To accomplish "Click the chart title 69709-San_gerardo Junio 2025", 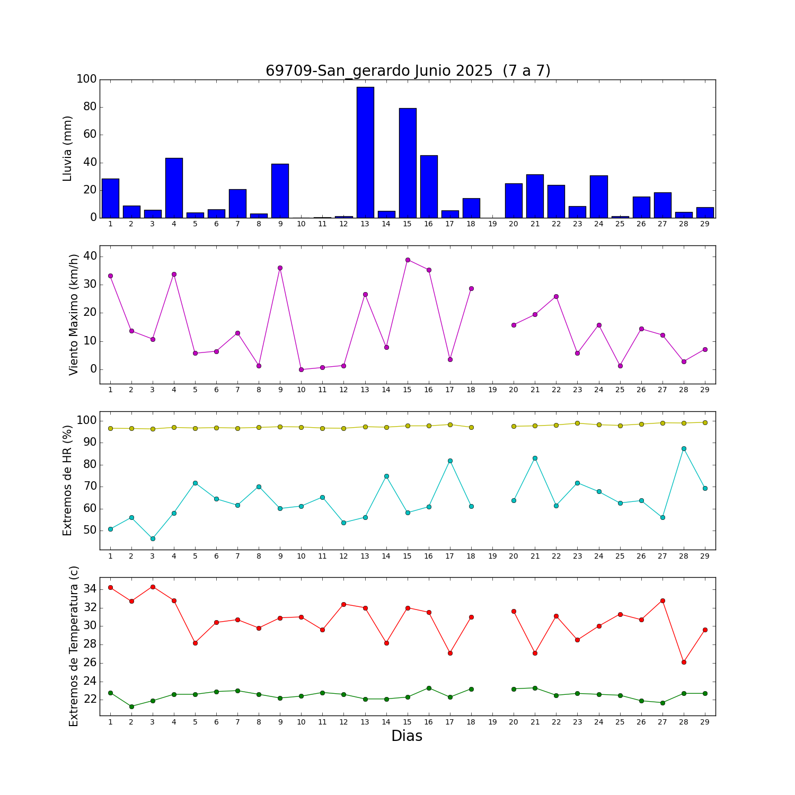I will [408, 71].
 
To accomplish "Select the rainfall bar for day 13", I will [365, 152].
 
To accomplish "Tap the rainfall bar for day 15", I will [408, 163].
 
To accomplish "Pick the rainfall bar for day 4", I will [174, 188].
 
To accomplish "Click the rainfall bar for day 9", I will [280, 191].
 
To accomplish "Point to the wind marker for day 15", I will [408, 260].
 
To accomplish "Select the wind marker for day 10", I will [301, 369].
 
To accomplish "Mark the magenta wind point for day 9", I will [280, 268].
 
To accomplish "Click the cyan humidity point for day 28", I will [684, 448].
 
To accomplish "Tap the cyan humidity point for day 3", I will [153, 538].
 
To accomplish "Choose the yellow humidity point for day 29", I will [705, 422].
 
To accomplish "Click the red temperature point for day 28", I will [684, 662].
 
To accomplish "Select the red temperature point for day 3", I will [153, 587].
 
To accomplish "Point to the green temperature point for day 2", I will [131, 706].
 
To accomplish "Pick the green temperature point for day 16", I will [429, 688].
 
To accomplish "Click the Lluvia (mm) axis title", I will [67, 148].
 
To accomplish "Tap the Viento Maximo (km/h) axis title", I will [74, 314].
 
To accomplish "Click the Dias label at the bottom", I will [407, 736].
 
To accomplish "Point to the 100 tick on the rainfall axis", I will [86, 79].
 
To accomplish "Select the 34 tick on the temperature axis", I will [90, 589].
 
